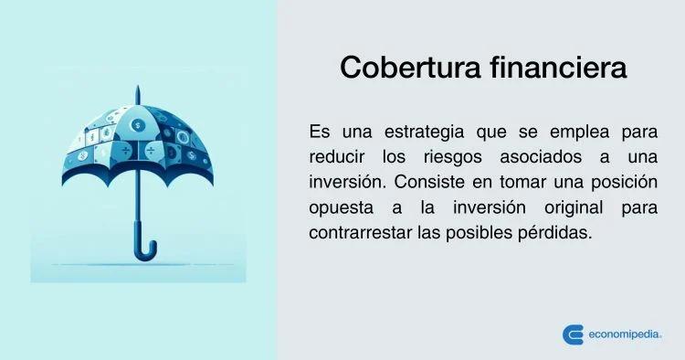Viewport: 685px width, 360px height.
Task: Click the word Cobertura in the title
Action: (x=410, y=68)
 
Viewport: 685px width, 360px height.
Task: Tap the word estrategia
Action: (x=424, y=132)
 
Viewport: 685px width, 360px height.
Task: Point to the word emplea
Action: (x=579, y=132)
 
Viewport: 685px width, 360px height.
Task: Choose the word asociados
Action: (x=541, y=157)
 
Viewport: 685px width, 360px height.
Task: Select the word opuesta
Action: (x=341, y=208)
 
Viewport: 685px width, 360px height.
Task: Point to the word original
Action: (x=574, y=208)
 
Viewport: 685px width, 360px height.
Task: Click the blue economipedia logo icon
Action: (x=573, y=335)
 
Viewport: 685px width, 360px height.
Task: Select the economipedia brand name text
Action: (x=625, y=335)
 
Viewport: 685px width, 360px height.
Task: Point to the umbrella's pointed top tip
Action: (x=138, y=86)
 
